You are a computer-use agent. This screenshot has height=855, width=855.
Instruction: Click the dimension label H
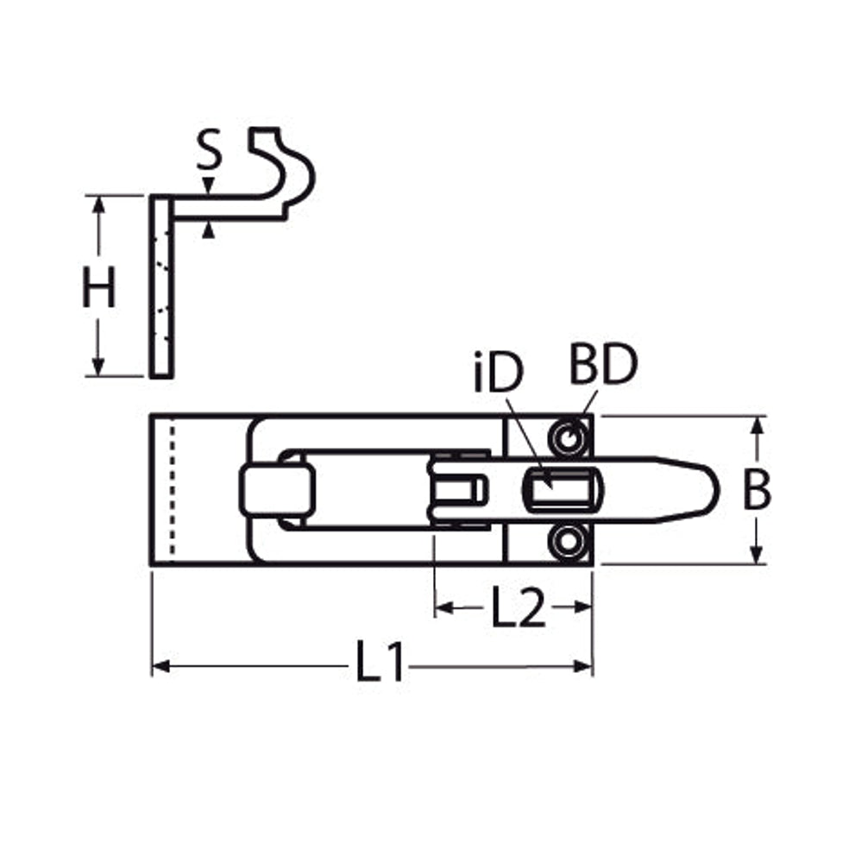(98, 287)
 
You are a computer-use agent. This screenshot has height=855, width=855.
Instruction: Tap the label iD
(499, 373)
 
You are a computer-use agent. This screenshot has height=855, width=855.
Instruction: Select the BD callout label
(602, 364)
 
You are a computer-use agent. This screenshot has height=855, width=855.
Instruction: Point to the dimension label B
(757, 489)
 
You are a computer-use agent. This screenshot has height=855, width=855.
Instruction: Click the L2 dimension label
(518, 607)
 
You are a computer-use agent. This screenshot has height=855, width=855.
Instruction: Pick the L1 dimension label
(380, 662)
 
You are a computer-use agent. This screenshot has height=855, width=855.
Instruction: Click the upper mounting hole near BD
(569, 438)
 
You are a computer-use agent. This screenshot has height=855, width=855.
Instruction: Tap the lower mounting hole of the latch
(569, 542)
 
